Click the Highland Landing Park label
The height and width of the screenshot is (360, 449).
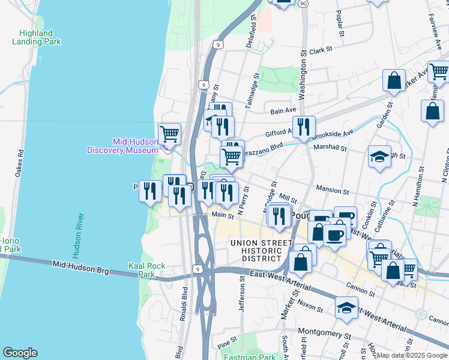point(36,38)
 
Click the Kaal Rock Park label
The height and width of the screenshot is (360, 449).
point(142,269)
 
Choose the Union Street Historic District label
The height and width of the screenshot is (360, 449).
point(256,250)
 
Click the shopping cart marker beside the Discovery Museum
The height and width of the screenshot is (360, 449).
point(169,133)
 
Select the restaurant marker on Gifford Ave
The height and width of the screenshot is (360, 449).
point(304,127)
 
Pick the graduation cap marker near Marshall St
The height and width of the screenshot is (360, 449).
point(379,156)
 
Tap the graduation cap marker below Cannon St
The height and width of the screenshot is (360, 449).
point(346,308)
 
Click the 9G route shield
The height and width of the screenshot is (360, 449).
point(303,4)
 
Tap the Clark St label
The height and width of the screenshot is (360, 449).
point(321,51)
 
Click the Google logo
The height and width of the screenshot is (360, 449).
point(20,353)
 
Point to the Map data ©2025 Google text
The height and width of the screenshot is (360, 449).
point(411,355)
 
